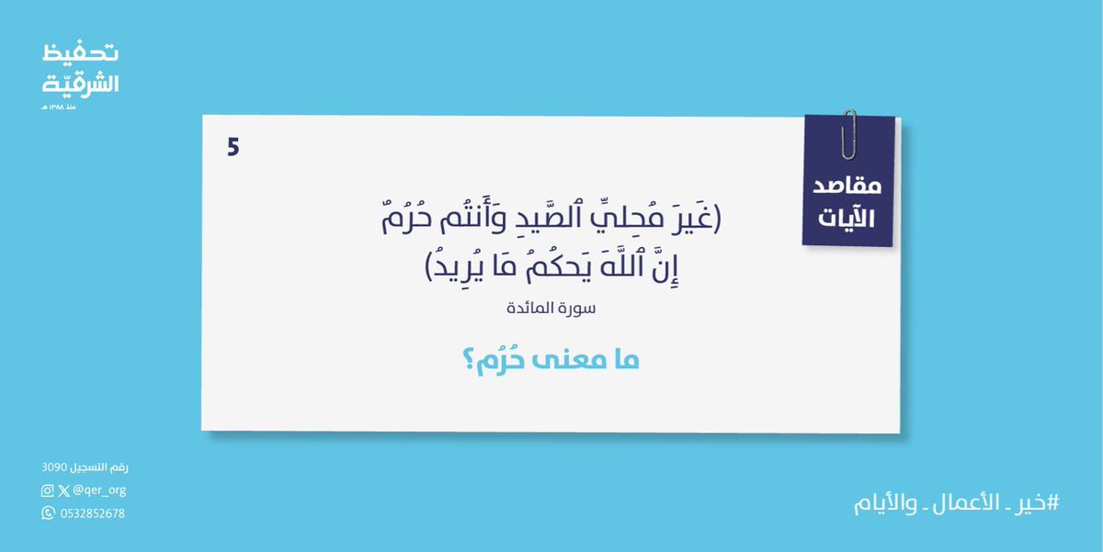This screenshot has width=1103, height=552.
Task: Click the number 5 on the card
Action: pyautogui.click(x=233, y=147)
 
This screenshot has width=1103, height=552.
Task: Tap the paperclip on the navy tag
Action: pyautogui.click(x=848, y=133)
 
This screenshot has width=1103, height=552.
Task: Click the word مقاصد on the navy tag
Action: pyautogui.click(x=847, y=186)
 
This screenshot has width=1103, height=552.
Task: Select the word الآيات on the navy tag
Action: pyautogui.click(x=847, y=219)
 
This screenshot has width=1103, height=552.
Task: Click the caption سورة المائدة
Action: pyautogui.click(x=551, y=310)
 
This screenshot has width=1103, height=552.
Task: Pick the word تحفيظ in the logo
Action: pyautogui.click(x=81, y=54)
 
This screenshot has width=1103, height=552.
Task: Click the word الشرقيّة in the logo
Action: pyautogui.click(x=81, y=83)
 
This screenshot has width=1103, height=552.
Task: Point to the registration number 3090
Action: pyautogui.click(x=55, y=468)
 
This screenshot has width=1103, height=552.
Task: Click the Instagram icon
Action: pyautogui.click(x=48, y=490)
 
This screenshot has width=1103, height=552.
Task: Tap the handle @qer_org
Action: pyautogui.click(x=99, y=490)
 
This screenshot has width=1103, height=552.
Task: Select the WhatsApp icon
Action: pyautogui.click(x=48, y=513)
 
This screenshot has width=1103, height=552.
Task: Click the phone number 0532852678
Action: pyautogui.click(x=92, y=513)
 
